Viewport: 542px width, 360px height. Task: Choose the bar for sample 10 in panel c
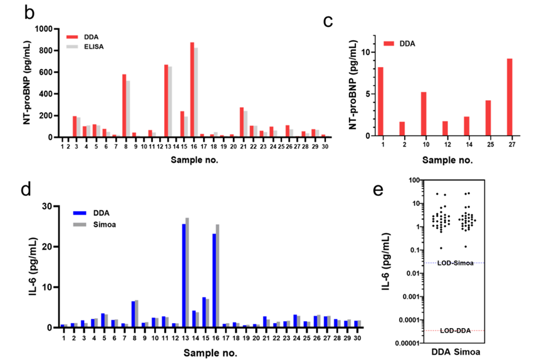pyautogui.click(x=424, y=113)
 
